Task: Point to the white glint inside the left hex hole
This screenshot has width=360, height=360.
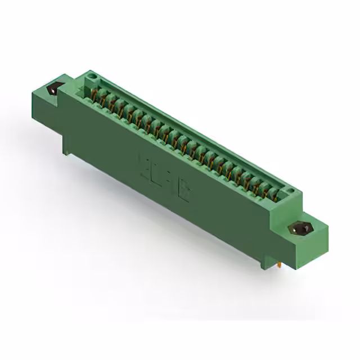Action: pyautogui.click(x=54, y=87)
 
